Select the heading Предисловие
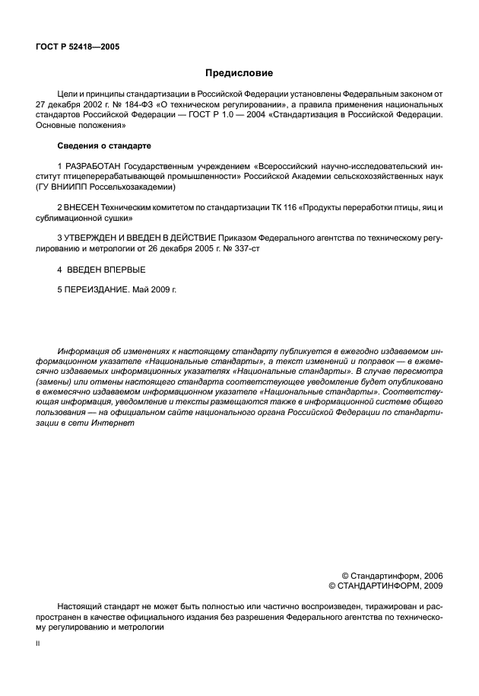pyautogui.click(x=239, y=73)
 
